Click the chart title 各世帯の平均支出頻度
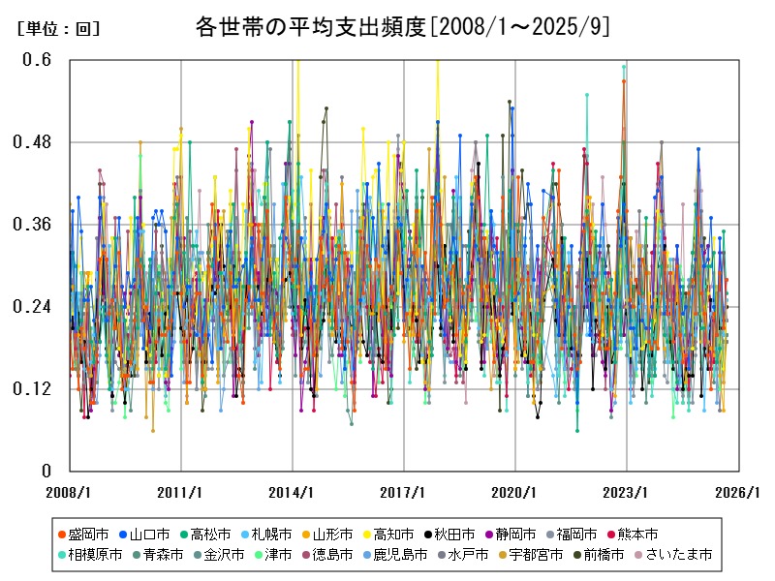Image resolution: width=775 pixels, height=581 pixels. tap(310, 26)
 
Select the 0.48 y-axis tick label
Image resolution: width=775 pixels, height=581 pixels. tap(34, 142)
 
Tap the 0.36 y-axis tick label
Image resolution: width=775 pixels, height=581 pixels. tap(34, 225)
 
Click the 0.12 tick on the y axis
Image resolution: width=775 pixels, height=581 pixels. tap(34, 389)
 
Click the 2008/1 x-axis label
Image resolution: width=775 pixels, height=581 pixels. tap(70, 492)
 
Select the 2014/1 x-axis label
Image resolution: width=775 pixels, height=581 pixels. tap(293, 492)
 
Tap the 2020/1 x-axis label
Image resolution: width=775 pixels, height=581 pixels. tap(515, 492)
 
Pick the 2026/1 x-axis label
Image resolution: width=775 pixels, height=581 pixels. tap(738, 492)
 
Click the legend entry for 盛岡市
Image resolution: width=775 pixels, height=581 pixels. tap(88, 534)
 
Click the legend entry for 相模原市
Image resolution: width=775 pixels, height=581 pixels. tap(95, 555)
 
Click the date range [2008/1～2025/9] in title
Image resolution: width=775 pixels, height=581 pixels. tap(519, 26)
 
